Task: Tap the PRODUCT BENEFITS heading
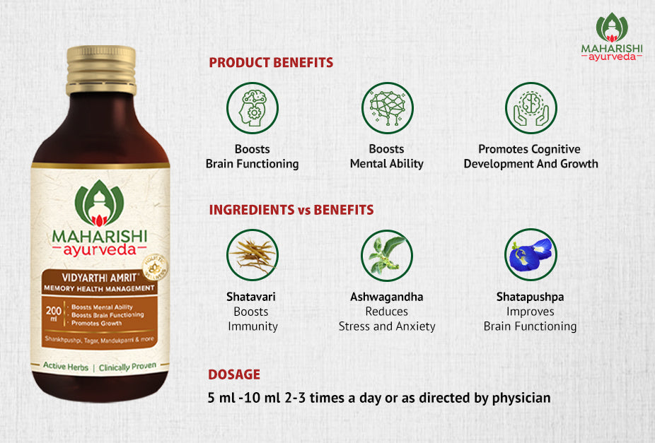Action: pyautogui.click(x=271, y=63)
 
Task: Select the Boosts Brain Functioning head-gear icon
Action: pyautogui.click(x=253, y=108)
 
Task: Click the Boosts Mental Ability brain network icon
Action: pyautogui.click(x=387, y=108)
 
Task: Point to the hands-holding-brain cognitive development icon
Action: pyautogui.click(x=531, y=108)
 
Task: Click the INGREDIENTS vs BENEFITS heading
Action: pyautogui.click(x=291, y=210)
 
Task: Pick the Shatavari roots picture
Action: pyautogui.click(x=253, y=255)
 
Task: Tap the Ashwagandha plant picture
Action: pyautogui.click(x=387, y=255)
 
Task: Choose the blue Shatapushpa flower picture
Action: pyautogui.click(x=531, y=255)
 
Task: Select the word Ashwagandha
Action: pyautogui.click(x=387, y=297)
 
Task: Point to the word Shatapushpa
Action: pyautogui.click(x=531, y=297)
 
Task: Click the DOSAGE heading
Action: pyautogui.click(x=234, y=374)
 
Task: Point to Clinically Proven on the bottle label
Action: pyautogui.click(x=132, y=368)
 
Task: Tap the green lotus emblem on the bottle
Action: pyautogui.click(x=100, y=202)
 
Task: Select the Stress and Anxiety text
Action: pyautogui.click(x=387, y=326)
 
